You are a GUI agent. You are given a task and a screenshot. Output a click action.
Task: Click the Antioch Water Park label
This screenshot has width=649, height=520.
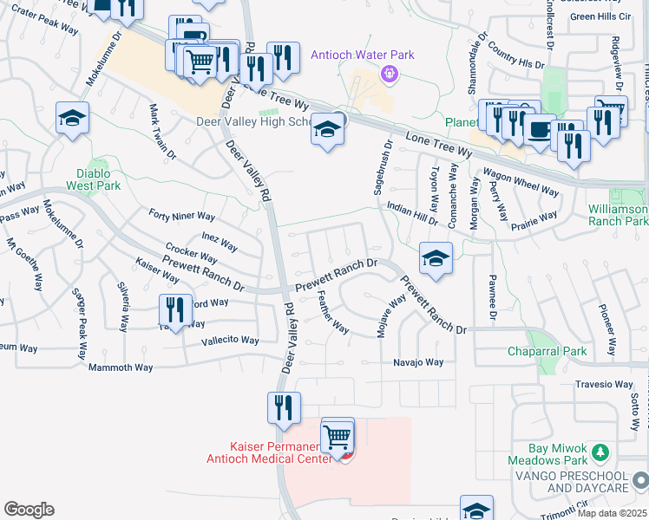click(363, 55)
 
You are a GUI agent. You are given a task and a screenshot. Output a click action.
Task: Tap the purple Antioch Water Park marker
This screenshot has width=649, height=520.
click(390, 75)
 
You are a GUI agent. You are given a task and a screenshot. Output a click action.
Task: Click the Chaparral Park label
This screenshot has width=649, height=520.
click(547, 351)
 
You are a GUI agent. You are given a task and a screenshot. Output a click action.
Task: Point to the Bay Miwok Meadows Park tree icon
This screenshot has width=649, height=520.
click(599, 451)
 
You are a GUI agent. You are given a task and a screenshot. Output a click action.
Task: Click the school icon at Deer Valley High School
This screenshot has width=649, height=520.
click(326, 129)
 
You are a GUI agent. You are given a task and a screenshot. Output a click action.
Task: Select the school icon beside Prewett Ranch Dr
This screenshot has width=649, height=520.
click(436, 257)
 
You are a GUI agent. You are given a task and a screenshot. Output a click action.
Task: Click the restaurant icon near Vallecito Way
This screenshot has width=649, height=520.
click(175, 309)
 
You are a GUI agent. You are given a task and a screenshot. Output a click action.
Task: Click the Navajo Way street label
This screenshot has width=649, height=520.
click(418, 362)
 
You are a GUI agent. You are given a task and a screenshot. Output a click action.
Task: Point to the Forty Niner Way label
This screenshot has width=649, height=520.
click(181, 215)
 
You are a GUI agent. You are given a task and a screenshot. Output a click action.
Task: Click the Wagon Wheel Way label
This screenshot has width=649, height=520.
click(521, 181)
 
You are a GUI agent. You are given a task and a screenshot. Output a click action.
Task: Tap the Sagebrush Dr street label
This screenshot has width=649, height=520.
click(380, 170)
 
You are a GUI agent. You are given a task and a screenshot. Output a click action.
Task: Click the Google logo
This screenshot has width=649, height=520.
click(29, 510)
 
